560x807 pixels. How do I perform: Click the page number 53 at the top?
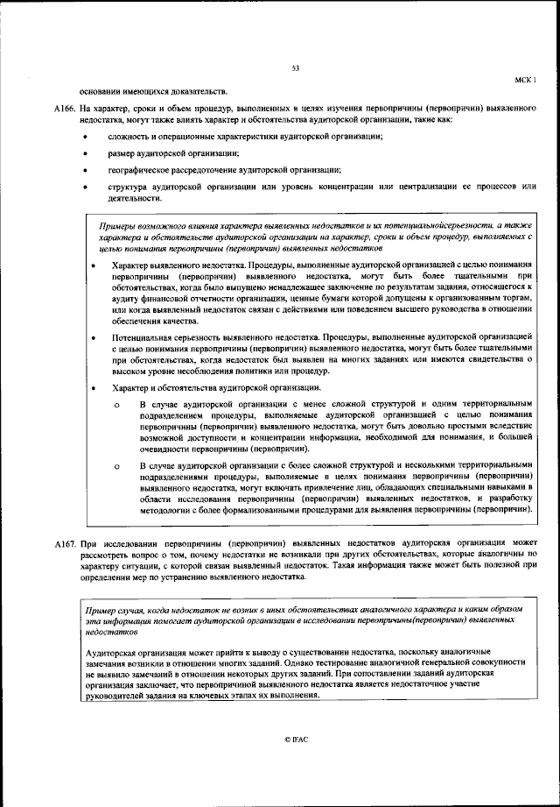pos(295,68)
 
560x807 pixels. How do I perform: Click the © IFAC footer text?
pos(295,740)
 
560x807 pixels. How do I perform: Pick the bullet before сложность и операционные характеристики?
pos(84,138)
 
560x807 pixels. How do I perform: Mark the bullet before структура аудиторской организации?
pos(84,187)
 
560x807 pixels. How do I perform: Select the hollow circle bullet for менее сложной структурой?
pos(116,404)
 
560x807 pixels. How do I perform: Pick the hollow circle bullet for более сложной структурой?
pos(116,465)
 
